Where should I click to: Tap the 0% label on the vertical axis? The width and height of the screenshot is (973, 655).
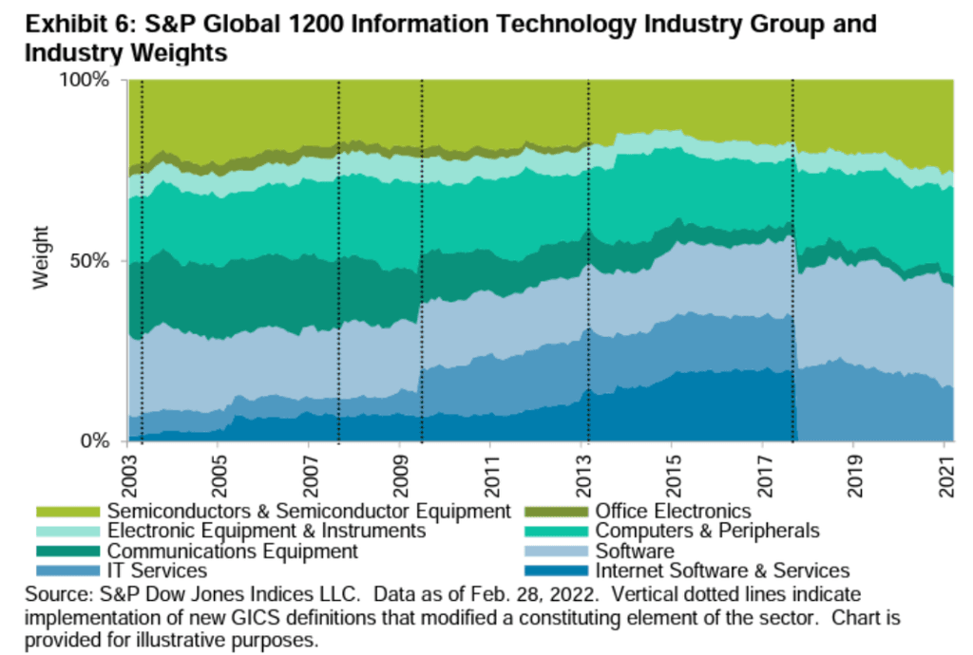101,441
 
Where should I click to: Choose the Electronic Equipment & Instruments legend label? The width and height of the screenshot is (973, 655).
267,532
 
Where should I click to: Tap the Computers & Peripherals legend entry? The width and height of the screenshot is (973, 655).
707,532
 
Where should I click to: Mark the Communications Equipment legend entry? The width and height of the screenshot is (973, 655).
233,552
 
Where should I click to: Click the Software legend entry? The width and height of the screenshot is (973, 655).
634,552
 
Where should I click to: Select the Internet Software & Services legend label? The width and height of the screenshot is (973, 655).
722,571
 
